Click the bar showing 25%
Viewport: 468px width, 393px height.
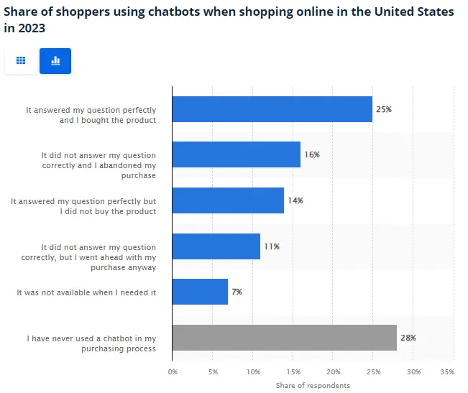pyautogui.click(x=272, y=109)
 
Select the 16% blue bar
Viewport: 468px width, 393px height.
pyautogui.click(x=236, y=154)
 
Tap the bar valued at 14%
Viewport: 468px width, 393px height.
pyautogui.click(x=228, y=200)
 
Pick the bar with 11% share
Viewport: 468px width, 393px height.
pyautogui.click(x=216, y=246)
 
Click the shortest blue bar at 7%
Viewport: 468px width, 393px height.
pyautogui.click(x=200, y=292)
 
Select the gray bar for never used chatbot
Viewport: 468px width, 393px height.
pyautogui.click(x=284, y=338)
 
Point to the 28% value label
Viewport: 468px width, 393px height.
pyautogui.click(x=408, y=338)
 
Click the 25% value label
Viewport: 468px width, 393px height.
pyautogui.click(x=384, y=109)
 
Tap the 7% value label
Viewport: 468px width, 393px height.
pyautogui.click(x=237, y=292)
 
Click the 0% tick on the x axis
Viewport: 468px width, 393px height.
pyautogui.click(x=173, y=372)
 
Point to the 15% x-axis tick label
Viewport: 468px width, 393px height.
pyautogui.click(x=293, y=372)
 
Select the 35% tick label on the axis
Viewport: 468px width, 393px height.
pyautogui.click(x=446, y=372)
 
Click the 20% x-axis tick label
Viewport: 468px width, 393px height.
pyautogui.click(x=334, y=372)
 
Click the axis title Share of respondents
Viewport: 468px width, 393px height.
pyautogui.click(x=313, y=386)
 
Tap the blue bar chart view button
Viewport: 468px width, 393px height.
pyautogui.click(x=55, y=61)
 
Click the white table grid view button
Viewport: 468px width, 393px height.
pyautogui.click(x=21, y=61)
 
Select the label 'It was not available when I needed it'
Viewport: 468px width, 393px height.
pyautogui.click(x=86, y=292)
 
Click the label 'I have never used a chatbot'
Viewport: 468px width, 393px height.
pyautogui.click(x=91, y=338)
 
